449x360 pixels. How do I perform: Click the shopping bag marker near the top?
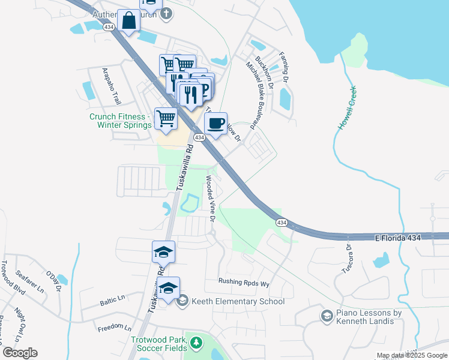click(128, 20)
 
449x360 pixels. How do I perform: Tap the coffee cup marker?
click(215, 123)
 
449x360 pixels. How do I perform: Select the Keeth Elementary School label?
click(238, 301)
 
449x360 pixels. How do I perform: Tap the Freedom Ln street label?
click(114, 328)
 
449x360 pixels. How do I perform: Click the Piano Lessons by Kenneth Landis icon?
click(327, 316)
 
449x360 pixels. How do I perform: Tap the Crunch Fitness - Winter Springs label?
click(118, 121)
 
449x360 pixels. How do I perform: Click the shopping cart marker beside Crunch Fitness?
click(166, 118)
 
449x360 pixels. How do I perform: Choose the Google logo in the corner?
click(20, 353)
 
